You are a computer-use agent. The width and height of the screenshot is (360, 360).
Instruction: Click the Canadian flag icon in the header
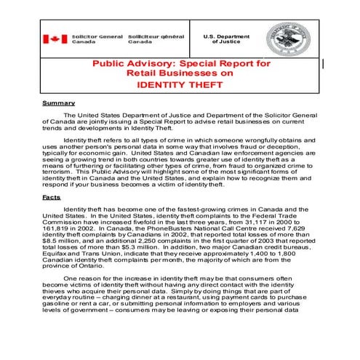point(55,39)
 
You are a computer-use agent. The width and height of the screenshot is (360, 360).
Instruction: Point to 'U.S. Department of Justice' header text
point(223,39)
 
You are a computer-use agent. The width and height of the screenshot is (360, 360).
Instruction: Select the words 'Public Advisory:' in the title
point(135,64)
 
